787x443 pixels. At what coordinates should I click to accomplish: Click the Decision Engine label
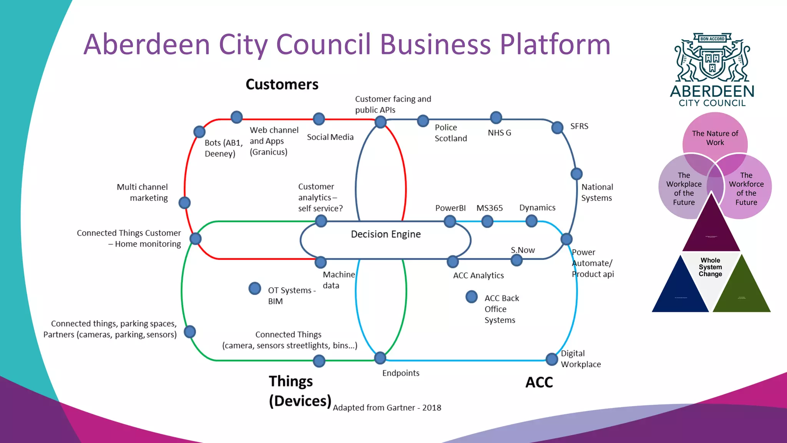click(385, 234)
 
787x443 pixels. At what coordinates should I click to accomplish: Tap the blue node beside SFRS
click(557, 127)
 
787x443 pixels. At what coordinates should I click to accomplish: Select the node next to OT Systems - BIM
click(254, 288)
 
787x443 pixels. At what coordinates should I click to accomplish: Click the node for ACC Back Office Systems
click(472, 297)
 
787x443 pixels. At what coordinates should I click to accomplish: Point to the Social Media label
click(330, 137)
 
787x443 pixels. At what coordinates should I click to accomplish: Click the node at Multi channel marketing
click(185, 203)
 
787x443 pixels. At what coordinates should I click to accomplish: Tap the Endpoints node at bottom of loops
click(380, 358)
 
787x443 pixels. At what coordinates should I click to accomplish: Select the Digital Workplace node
click(552, 359)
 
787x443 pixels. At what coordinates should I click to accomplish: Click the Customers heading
click(282, 85)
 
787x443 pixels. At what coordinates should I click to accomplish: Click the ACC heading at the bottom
click(539, 382)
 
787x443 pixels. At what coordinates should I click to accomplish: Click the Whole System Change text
click(710, 267)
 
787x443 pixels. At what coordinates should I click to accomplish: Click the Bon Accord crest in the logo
click(712, 58)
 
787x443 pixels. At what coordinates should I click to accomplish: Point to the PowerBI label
click(450, 208)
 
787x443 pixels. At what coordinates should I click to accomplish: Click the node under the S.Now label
click(516, 260)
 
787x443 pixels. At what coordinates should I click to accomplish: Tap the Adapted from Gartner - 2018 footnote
click(387, 408)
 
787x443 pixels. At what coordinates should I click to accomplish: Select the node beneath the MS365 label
click(487, 221)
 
